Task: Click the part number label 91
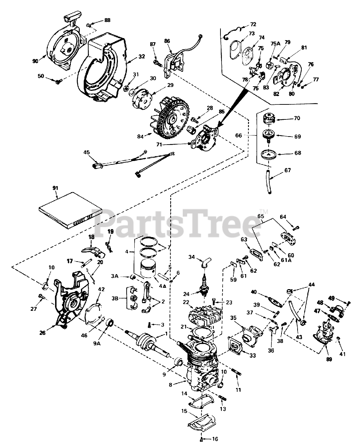coord(55,188)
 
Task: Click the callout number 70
coord(297,118)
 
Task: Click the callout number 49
coord(331,298)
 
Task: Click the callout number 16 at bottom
coord(215,439)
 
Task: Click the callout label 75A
coord(275,44)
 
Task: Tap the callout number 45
coord(87,152)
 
